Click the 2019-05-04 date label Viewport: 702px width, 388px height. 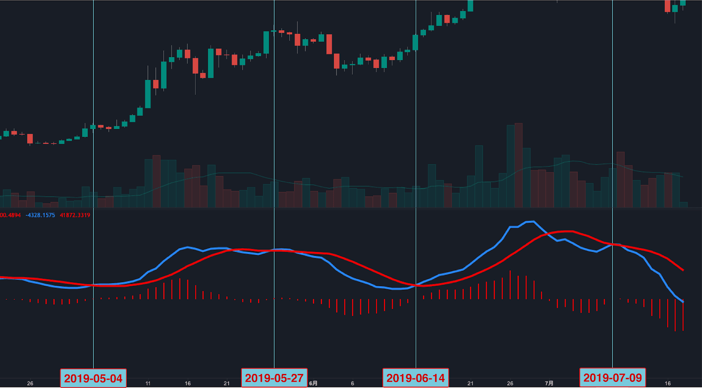coord(93,378)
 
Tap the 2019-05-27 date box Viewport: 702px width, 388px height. coord(274,378)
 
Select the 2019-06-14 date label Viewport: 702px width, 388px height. coord(415,378)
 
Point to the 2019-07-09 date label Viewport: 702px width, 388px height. coord(612,377)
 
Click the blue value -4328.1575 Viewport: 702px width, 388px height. coord(40,215)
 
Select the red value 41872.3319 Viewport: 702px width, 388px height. coord(75,215)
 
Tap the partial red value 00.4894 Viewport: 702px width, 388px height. coord(10,215)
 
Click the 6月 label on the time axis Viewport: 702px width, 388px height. coord(313,383)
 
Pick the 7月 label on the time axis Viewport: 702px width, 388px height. coord(549,383)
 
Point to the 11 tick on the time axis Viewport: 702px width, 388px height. coord(148,383)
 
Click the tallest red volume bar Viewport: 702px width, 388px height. coord(519,165)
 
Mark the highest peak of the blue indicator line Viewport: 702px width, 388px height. coord(530,222)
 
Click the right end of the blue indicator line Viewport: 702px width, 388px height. coord(683,302)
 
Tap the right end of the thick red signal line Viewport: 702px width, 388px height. coord(683,270)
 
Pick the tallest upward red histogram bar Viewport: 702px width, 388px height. coord(510,284)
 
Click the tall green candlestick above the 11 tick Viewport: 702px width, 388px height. coord(148,93)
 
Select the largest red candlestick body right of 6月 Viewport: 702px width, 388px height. coord(329,44)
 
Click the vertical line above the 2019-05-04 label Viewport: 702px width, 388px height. coord(93,176)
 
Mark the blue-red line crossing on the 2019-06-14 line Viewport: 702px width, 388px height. coord(416,285)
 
